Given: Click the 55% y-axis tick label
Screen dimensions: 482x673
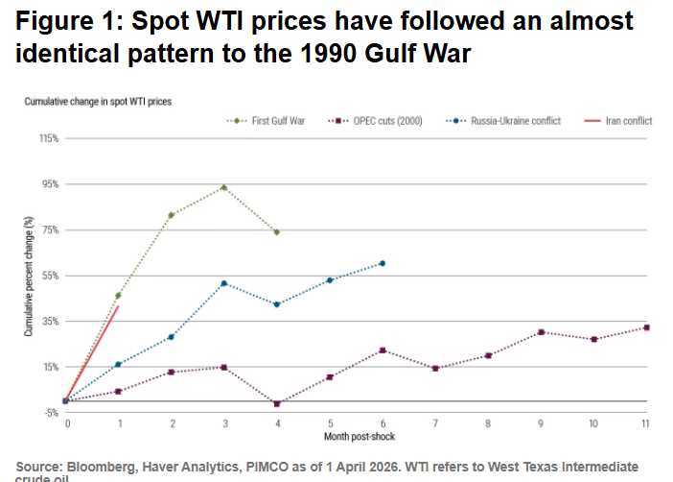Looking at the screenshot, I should (49, 276).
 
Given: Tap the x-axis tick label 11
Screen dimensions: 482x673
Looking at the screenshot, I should (647, 422).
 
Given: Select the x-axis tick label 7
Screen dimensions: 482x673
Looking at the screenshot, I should (435, 422).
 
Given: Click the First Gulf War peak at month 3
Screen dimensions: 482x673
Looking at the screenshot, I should (223, 187).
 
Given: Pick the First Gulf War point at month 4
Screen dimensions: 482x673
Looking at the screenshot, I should (276, 232).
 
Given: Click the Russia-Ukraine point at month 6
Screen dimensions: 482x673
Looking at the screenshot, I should (383, 263).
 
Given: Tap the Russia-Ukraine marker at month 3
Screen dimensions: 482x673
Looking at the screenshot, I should (223, 283).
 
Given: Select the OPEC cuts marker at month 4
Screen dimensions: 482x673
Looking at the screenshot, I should (276, 404).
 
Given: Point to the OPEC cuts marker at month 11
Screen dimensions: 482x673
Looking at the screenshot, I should (647, 327).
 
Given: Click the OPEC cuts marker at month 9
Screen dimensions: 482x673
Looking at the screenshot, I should (541, 332).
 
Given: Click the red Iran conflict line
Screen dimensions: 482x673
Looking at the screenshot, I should (92, 353).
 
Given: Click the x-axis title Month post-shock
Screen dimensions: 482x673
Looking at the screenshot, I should (356, 437).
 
